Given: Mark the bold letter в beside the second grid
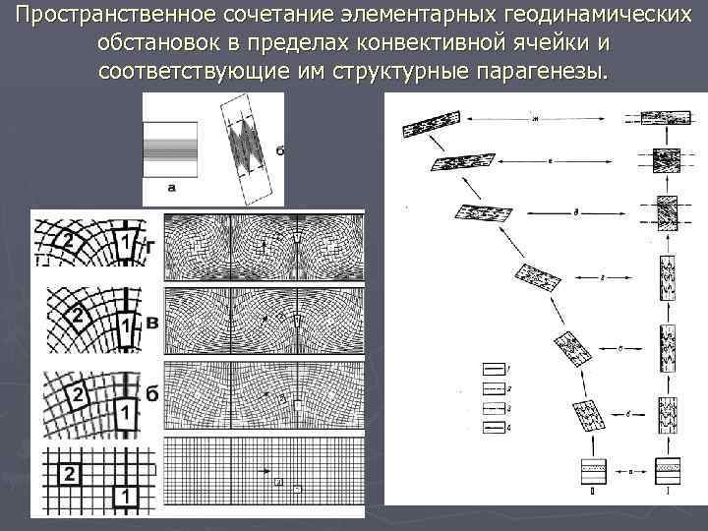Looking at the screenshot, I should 150,323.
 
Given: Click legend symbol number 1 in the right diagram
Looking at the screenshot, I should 495,367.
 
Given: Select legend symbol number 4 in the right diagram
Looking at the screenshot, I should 495,426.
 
